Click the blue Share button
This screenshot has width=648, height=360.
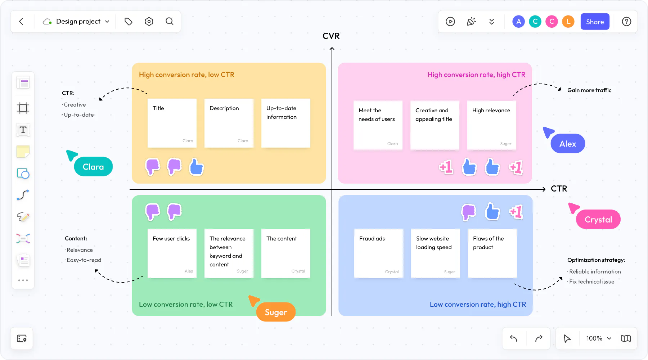(x=595, y=22)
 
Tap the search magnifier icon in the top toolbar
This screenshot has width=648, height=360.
(x=170, y=22)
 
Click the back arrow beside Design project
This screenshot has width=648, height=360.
(x=21, y=22)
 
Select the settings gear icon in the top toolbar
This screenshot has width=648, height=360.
(x=149, y=22)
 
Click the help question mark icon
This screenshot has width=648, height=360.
(x=626, y=22)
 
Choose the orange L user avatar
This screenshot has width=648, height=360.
(x=568, y=22)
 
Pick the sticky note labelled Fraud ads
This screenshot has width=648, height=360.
(x=379, y=253)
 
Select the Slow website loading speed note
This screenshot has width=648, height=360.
(x=436, y=253)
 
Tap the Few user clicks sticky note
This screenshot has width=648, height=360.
(x=172, y=253)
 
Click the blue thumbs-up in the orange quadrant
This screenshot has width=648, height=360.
(x=197, y=167)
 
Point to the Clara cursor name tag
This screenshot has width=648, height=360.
(x=93, y=167)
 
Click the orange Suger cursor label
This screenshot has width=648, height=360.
(x=276, y=312)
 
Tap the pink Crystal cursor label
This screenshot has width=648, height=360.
(x=598, y=220)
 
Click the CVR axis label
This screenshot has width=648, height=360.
(x=331, y=36)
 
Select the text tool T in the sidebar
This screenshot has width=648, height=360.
(x=23, y=130)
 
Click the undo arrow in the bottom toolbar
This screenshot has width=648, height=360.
(x=514, y=338)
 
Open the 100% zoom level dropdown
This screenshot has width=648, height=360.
(x=599, y=338)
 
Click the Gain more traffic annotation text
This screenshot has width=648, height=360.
(x=589, y=90)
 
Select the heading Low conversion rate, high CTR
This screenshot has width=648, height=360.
(x=478, y=305)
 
